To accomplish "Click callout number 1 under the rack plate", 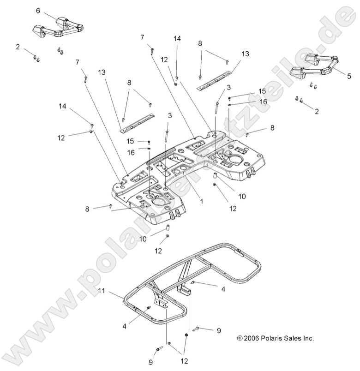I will [201, 201].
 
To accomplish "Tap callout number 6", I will [38, 10].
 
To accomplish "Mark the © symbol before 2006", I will [239, 338].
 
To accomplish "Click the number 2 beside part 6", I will [18, 47].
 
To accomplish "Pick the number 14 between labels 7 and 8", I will [177, 39].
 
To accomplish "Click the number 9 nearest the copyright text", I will [219, 330].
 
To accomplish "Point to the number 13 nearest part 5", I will [245, 54].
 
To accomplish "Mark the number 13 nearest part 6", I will [102, 72].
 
